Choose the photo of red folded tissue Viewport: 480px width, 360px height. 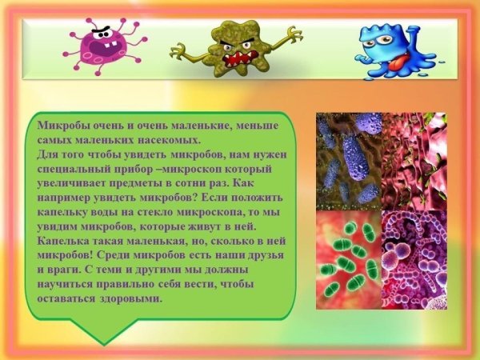pyautogui.click(x=414, y=160)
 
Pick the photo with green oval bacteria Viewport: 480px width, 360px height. pyautogui.click(x=347, y=259)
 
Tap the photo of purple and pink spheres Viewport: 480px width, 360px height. pyautogui.click(x=414, y=259)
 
